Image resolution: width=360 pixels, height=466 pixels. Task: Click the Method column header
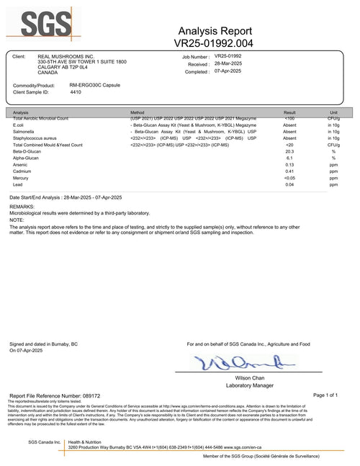138,113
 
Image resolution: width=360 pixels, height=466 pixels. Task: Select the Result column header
289,113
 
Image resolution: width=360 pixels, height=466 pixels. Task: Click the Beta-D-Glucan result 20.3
289,152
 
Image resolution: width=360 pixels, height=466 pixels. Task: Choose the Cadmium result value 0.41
289,171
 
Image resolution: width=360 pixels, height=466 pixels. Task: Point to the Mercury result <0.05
289,178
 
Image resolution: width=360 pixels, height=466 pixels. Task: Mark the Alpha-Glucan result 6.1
289,158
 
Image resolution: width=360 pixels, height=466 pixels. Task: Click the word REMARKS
22,207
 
